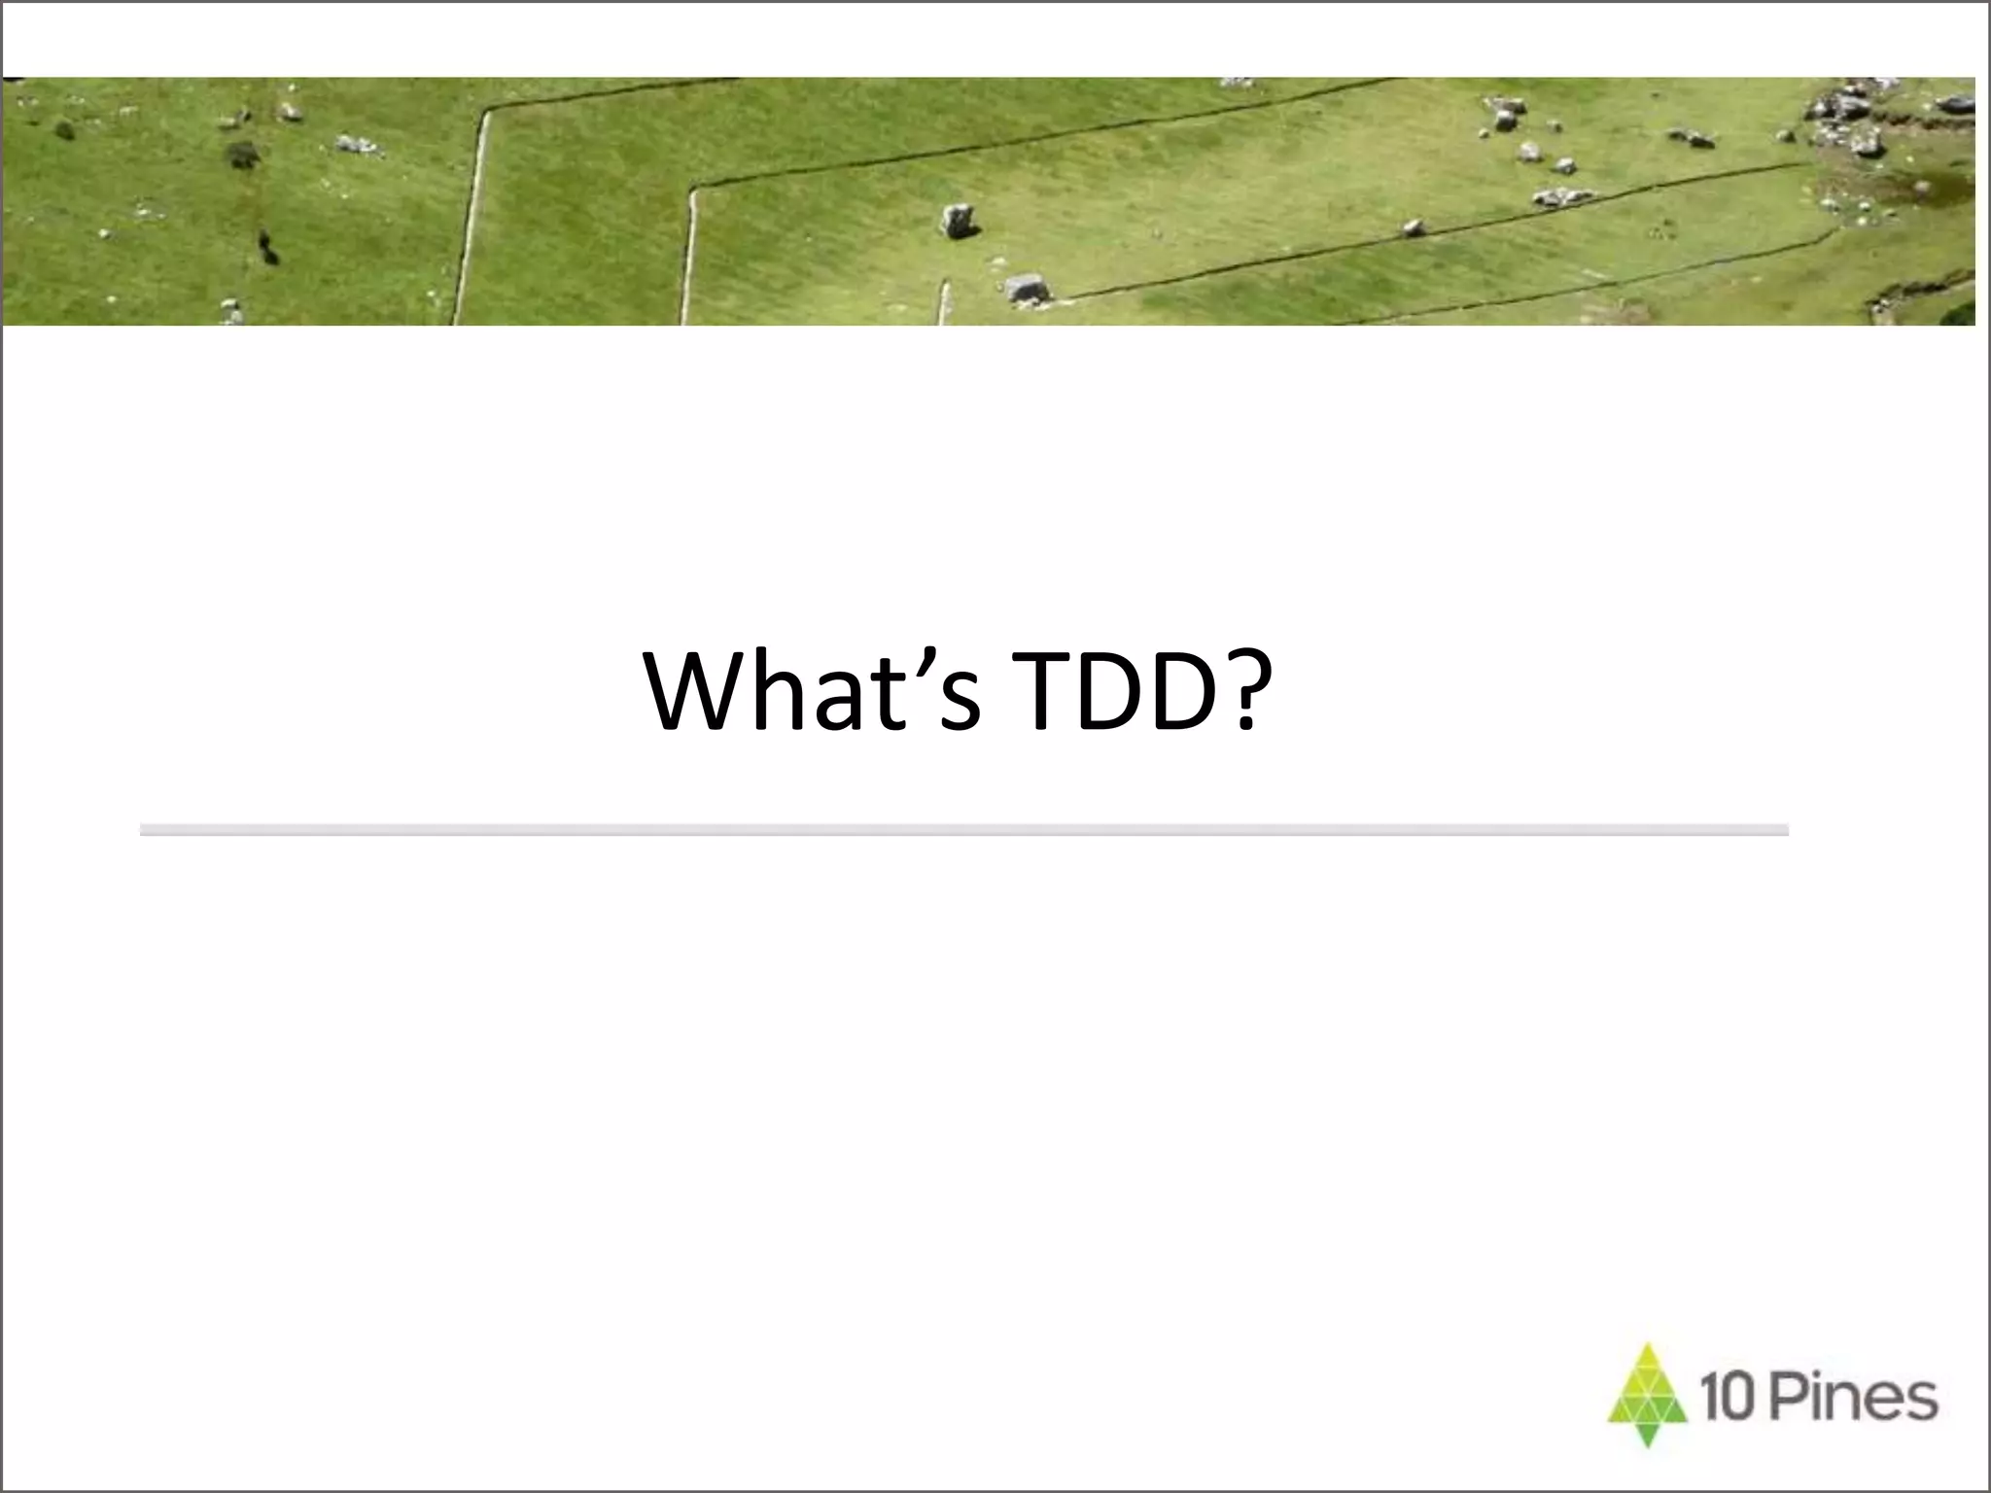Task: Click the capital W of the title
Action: point(698,692)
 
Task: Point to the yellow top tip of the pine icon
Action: point(1646,1355)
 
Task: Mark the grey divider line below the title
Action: point(962,829)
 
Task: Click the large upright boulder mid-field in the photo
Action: point(958,221)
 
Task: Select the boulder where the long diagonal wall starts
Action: point(1027,288)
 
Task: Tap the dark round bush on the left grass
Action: point(242,154)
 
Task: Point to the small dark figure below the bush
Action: point(267,247)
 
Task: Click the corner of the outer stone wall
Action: point(486,111)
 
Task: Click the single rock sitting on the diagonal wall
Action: point(1412,228)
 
